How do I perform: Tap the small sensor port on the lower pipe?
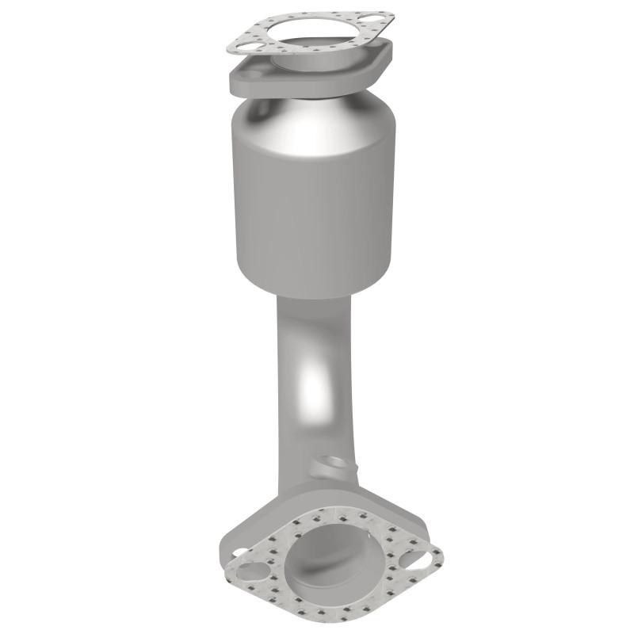tap(330, 464)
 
